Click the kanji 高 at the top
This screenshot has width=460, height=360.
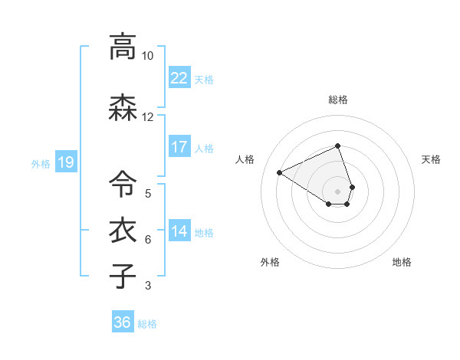(122, 47)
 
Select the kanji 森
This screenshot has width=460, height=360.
(122, 110)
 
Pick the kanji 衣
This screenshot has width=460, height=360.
(122, 231)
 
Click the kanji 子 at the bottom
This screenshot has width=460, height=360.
(122, 275)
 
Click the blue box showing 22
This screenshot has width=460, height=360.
(179, 78)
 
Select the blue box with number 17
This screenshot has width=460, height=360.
(179, 147)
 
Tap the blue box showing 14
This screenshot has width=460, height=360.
(179, 231)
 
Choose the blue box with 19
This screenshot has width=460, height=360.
(65, 162)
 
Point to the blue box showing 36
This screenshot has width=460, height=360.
(123, 322)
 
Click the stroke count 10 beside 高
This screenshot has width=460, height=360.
(147, 56)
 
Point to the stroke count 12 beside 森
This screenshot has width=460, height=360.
(147, 117)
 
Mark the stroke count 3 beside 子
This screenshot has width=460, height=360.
(147, 286)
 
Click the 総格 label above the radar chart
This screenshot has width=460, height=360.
(338, 100)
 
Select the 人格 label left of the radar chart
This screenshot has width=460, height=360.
(245, 159)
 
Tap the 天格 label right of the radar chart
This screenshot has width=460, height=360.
(431, 159)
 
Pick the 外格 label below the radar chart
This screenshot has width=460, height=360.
(270, 262)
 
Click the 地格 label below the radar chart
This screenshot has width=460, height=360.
(402, 262)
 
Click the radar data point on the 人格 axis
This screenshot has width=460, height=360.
(280, 172)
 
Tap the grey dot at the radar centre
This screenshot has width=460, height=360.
(338, 191)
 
